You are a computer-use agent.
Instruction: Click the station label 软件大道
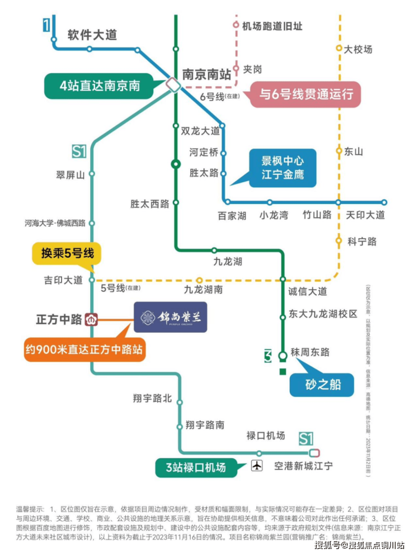[92, 35]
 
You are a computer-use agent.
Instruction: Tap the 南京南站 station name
[206, 73]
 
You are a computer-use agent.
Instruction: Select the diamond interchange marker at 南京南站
[172, 85]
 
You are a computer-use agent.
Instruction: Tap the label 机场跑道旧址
[272, 26]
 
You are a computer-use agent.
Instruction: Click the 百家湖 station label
[232, 215]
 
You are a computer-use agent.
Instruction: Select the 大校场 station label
[358, 49]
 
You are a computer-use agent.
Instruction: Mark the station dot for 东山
[338, 151]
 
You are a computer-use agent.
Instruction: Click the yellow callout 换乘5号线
[67, 254]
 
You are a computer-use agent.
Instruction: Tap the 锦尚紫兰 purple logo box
[170, 318]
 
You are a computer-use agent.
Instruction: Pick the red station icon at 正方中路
[92, 320]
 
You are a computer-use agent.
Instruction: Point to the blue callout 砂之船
[322, 385]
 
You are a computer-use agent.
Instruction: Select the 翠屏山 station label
[71, 174]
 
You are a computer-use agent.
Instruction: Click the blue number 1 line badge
[46, 25]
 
